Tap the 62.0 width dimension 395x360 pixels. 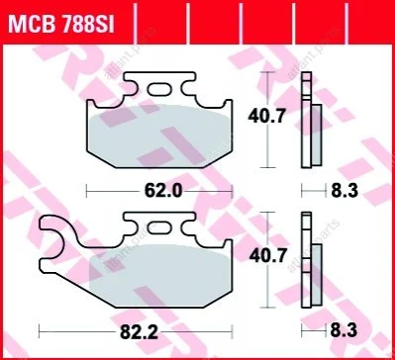(x=163, y=191)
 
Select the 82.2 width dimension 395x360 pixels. (x=139, y=333)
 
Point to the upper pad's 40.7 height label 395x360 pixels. (x=266, y=117)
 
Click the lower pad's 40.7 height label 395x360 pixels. (x=267, y=256)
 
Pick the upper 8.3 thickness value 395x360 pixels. (x=345, y=191)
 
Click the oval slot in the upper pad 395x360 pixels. (x=159, y=89)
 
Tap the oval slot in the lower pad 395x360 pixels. (x=159, y=227)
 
